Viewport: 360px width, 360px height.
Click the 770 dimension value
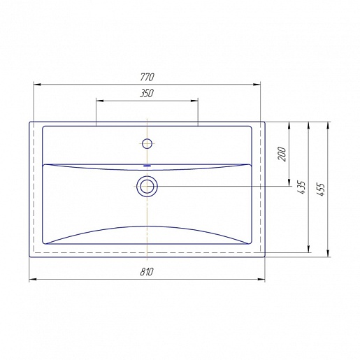(147, 77)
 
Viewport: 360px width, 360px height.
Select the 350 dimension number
(147, 94)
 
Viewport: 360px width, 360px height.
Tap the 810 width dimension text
(147, 272)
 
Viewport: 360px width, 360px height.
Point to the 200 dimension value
(282, 154)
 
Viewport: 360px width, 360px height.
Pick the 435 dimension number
(301, 187)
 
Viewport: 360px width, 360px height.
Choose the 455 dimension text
(321, 189)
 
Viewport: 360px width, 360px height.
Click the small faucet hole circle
(147, 144)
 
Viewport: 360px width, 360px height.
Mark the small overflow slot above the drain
(147, 166)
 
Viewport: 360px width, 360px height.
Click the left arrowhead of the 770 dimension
(37, 85)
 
